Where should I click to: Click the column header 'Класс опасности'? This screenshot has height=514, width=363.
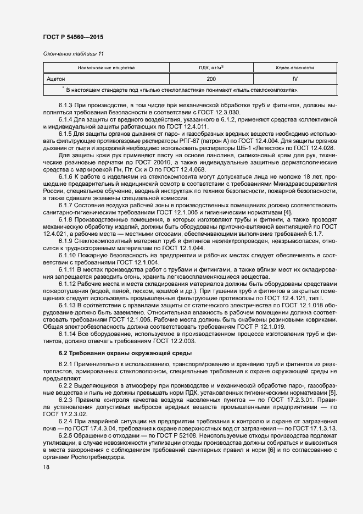[295, 68]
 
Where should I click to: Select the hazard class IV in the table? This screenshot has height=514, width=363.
[295, 79]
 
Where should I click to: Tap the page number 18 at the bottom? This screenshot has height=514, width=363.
[46, 467]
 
